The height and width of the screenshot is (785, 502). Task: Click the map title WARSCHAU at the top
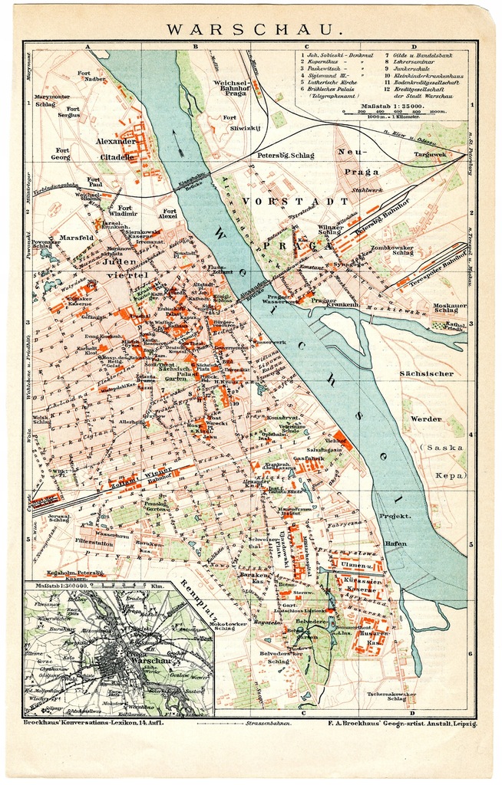coord(251,30)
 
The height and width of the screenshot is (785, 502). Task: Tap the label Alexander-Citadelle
coord(115,149)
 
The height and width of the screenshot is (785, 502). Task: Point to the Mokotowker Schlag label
coord(228,627)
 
